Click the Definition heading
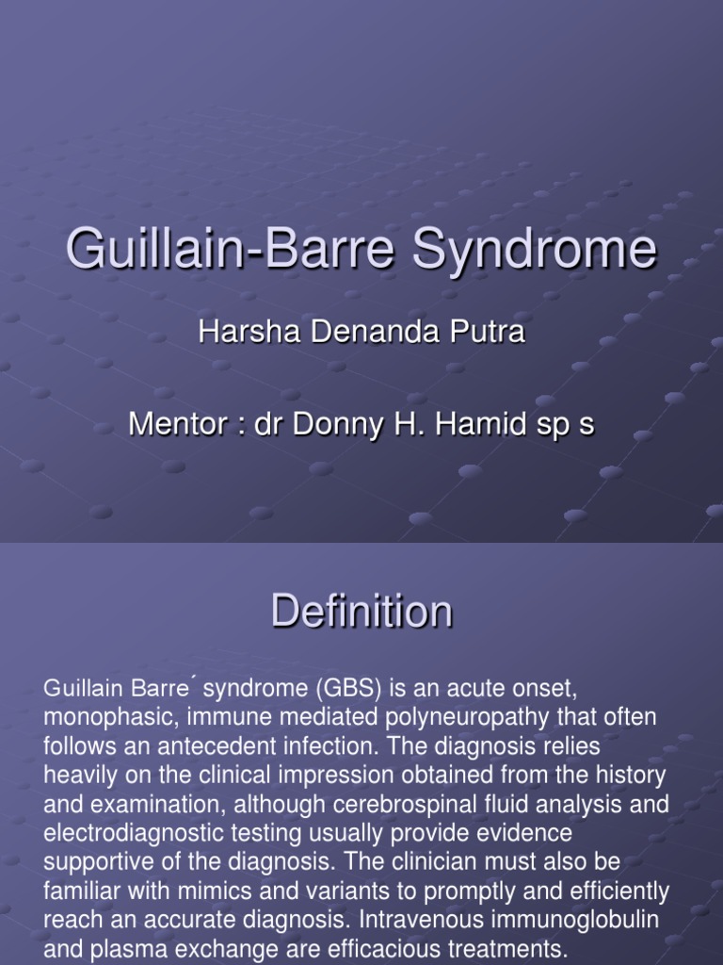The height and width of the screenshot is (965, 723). [x=361, y=612]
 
